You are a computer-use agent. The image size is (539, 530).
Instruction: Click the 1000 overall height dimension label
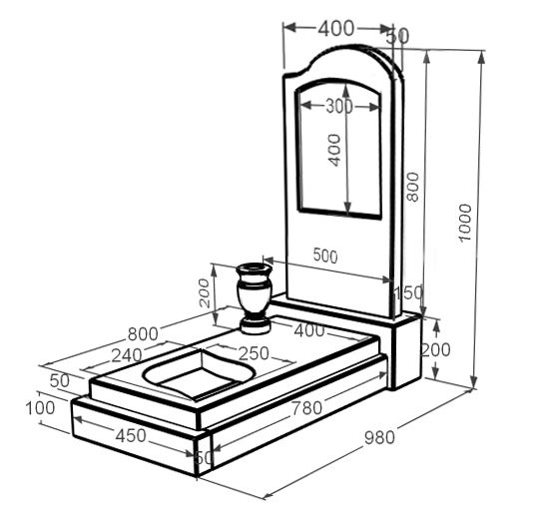[465, 223]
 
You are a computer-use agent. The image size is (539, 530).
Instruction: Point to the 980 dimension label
[379, 437]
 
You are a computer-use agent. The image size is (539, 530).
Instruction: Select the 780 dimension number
[307, 408]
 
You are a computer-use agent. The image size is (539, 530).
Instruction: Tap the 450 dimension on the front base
[131, 436]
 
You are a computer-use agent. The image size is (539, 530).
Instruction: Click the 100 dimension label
[40, 408]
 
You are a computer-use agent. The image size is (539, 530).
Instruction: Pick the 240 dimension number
[127, 355]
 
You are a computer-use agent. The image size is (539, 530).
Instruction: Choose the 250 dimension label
[254, 353]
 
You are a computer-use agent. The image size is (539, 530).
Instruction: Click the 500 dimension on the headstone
[325, 256]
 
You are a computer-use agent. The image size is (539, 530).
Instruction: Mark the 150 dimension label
[408, 292]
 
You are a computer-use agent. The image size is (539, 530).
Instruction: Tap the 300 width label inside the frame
[339, 106]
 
